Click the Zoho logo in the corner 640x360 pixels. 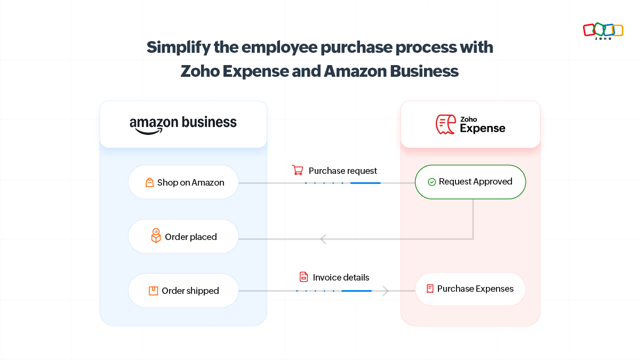tap(603, 30)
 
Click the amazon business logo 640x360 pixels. tap(183, 124)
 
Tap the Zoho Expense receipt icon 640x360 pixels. tap(445, 124)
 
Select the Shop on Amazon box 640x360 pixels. tap(183, 182)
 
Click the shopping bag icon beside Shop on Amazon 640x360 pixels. tap(150, 182)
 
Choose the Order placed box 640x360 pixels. tap(183, 236)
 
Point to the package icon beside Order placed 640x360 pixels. tap(156, 236)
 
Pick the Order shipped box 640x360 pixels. tap(183, 291)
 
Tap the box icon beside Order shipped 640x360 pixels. tap(153, 291)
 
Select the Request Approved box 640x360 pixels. tap(470, 182)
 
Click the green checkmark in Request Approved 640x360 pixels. tap(432, 182)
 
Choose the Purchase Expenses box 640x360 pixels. tap(470, 289)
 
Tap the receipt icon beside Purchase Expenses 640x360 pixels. tap(430, 289)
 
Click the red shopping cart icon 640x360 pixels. tap(298, 170)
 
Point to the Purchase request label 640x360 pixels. tap(342, 171)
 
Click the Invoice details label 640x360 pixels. tap(341, 277)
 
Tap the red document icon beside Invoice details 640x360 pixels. tap(303, 277)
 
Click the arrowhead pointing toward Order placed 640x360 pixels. tap(323, 238)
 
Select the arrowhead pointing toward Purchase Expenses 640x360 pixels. tap(386, 291)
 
